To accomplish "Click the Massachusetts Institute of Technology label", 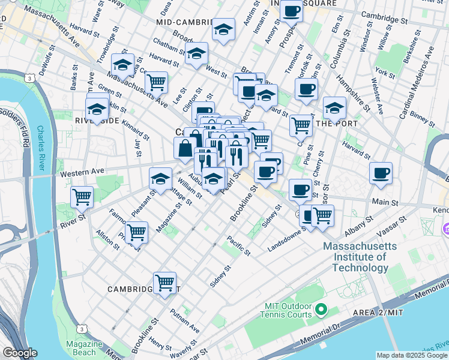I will (x=355, y=256).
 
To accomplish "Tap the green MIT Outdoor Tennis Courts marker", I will (x=321, y=310).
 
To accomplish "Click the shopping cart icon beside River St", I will (x=82, y=196).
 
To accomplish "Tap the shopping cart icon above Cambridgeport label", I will (x=164, y=281).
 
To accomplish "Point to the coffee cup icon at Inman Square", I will (x=292, y=10).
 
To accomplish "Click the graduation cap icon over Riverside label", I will (x=97, y=110).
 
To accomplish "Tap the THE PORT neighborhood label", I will (x=337, y=124).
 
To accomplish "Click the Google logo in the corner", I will (x=20, y=353).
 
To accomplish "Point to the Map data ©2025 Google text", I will (x=412, y=355).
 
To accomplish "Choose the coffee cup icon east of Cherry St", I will (x=381, y=173).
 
